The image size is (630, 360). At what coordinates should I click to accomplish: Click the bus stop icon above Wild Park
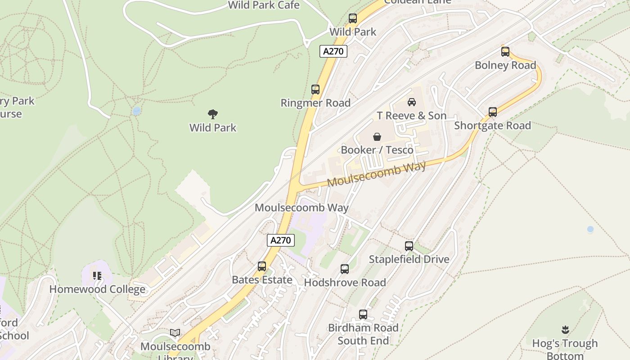coord(353,18)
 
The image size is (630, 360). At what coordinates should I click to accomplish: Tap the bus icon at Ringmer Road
coord(315,89)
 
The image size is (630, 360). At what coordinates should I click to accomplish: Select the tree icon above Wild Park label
coord(213,114)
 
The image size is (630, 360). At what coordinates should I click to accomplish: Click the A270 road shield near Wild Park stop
coord(333,51)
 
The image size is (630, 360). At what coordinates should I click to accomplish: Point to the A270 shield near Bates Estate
coord(281,240)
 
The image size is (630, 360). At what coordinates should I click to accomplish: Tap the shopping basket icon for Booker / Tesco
coord(377,136)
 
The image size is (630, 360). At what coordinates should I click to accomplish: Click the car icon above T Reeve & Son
coord(411,102)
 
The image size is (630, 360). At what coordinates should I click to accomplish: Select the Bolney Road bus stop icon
coord(505,52)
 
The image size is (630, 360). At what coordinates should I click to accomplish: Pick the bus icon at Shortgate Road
coord(493,112)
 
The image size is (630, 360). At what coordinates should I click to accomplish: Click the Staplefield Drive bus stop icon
coord(409,246)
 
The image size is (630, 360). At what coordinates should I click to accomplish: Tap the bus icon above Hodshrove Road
coord(345,269)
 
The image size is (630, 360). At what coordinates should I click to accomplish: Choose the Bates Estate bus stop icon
coord(262,266)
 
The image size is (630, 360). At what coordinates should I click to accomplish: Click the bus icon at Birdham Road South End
coord(363,315)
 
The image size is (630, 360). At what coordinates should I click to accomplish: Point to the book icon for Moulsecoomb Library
coord(175,333)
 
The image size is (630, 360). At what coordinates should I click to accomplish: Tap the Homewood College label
coord(97,289)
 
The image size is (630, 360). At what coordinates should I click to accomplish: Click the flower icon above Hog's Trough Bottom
coord(565,330)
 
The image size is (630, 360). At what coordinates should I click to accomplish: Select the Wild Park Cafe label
coord(264,5)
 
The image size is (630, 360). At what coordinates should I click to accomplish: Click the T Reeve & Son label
coord(412,116)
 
